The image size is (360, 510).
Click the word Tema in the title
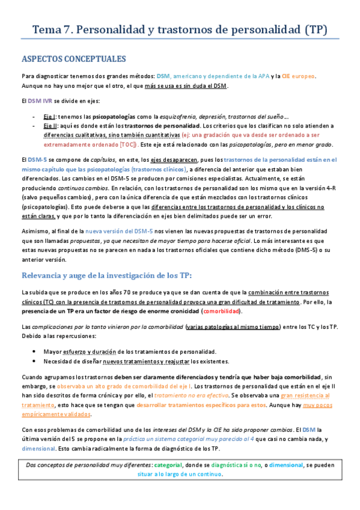click(x=46, y=29)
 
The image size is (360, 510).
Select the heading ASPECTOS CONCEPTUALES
click(x=73, y=60)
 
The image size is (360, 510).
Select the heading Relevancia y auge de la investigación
click(x=107, y=275)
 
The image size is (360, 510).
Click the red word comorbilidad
click(x=222, y=311)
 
